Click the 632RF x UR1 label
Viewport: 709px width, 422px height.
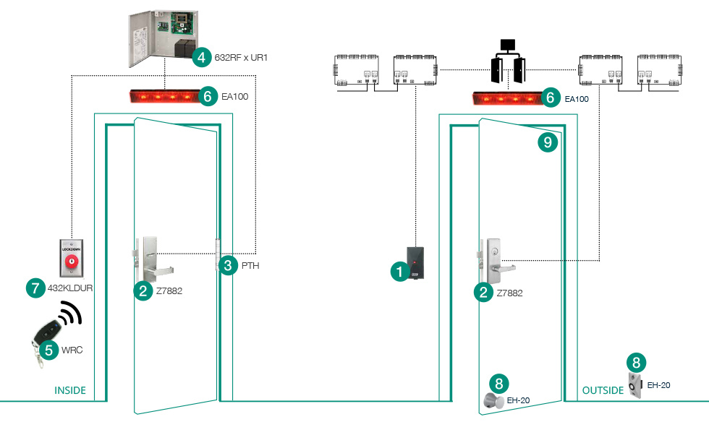point(242,56)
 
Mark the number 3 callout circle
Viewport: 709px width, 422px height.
point(228,265)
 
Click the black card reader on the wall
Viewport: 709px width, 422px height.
point(416,264)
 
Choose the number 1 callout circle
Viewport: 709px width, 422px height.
point(397,272)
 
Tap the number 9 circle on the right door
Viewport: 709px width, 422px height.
point(548,142)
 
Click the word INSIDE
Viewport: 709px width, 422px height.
point(70,390)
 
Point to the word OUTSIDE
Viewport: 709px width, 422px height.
point(602,390)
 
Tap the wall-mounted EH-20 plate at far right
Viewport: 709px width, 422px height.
point(634,386)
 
